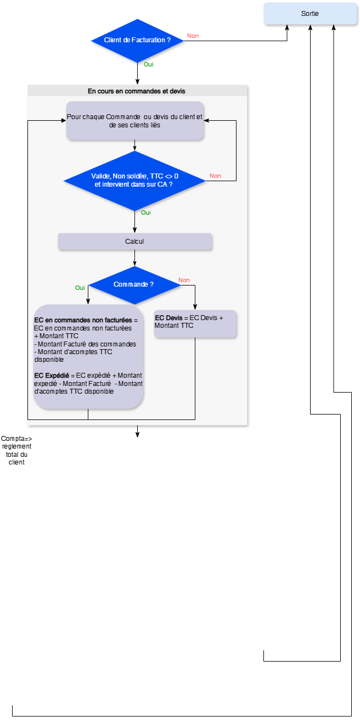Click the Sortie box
click(310, 14)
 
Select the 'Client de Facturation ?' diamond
click(137, 40)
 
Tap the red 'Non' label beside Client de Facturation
click(193, 36)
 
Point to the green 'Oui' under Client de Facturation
click(148, 64)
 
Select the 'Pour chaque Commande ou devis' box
click(135, 121)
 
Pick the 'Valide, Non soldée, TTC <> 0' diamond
click(134, 181)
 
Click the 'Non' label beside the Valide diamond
click(215, 176)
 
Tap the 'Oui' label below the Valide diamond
click(146, 212)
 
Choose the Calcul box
click(134, 242)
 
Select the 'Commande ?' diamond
click(134, 284)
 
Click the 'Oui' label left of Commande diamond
click(80, 288)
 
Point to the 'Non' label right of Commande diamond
click(184, 280)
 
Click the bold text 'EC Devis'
click(168, 318)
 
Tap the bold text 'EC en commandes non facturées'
click(83, 320)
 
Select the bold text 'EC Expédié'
click(52, 375)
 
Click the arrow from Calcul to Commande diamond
click(134, 258)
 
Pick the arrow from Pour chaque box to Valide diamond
click(134, 145)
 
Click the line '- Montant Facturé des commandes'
click(85, 344)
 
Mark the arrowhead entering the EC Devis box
click(195, 307)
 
